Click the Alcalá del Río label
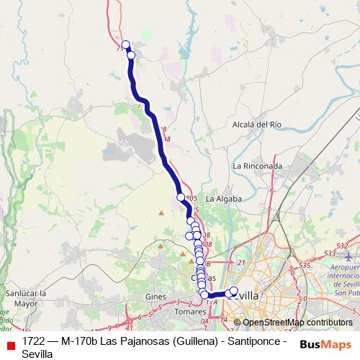click(x=256, y=124)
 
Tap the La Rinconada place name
click(x=257, y=166)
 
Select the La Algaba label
click(x=222, y=198)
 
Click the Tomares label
click(x=190, y=312)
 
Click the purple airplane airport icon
click(x=349, y=257)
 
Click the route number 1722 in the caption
click(x=34, y=341)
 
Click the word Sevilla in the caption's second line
click(x=37, y=354)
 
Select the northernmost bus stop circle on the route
click(x=126, y=45)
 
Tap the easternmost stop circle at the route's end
click(x=233, y=291)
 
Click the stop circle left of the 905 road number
click(x=181, y=197)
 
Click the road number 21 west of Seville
click(x=242, y=263)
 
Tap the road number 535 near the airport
click(x=305, y=266)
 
